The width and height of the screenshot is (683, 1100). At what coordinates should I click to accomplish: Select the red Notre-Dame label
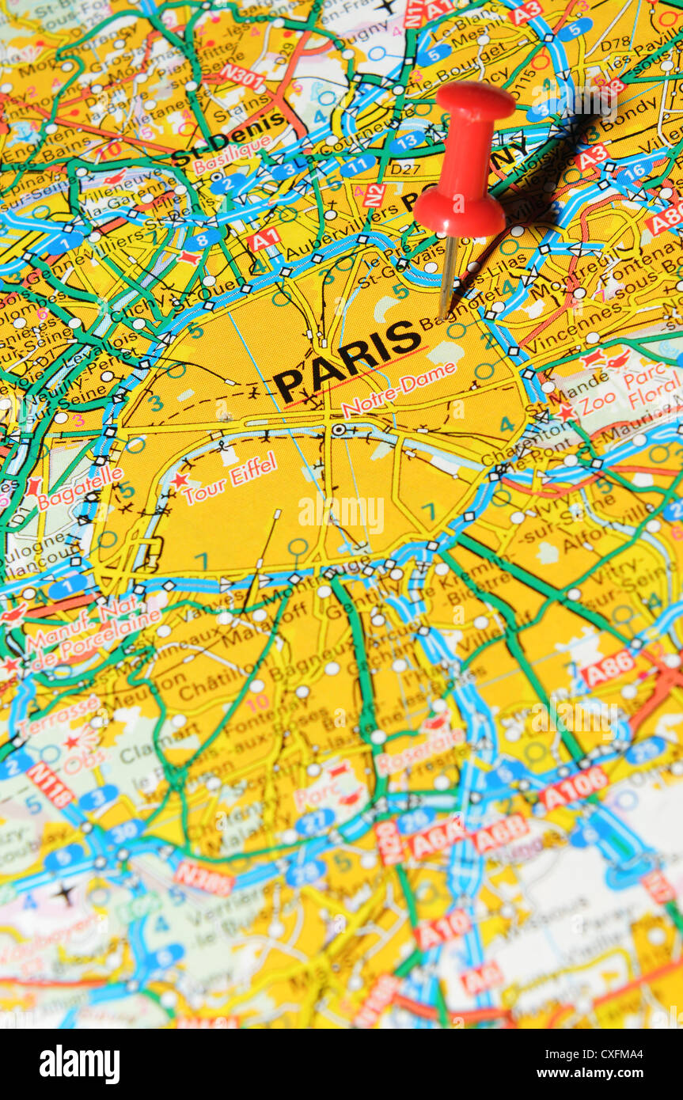pos(399,389)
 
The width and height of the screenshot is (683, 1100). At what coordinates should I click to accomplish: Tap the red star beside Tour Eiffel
pos(179,480)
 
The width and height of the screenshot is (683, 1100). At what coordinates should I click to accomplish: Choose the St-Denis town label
pos(229,137)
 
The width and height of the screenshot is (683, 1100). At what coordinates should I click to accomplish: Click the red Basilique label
pos(231,157)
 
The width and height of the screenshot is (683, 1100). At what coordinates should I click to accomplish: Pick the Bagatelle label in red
pos(80,487)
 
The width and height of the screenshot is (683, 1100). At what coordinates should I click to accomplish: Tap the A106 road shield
pos(573,787)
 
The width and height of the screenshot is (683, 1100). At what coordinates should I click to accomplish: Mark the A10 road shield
pos(442,929)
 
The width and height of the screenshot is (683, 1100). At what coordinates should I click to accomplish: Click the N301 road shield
pos(242,77)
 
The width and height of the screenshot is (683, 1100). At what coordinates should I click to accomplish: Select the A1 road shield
pos(264,238)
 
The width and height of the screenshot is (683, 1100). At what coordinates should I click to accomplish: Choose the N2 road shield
pos(374,195)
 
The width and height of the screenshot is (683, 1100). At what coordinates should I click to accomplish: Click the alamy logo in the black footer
pos(79,1064)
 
